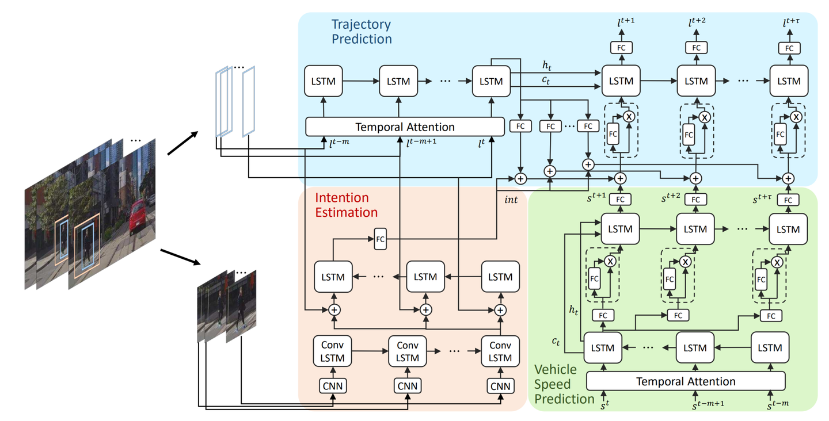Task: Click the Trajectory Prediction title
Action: (361, 32)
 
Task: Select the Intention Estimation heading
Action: (346, 205)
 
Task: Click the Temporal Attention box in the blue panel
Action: (405, 127)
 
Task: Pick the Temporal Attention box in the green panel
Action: (685, 381)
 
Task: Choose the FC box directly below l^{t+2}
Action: (696, 48)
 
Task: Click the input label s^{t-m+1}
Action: (708, 405)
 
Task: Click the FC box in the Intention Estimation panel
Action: (380, 238)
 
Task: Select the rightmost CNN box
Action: (500, 385)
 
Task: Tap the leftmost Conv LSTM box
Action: (333, 351)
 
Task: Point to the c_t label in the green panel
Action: (556, 341)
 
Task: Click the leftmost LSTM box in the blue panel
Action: (323, 81)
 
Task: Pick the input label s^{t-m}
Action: (777, 405)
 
